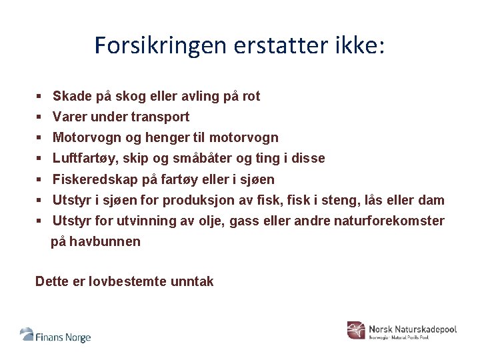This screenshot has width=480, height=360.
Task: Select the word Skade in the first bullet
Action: [x=71, y=96]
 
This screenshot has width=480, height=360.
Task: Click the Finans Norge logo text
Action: [x=63, y=337]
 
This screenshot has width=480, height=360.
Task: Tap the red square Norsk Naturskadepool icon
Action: [x=357, y=330]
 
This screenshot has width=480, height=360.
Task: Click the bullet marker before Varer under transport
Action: [x=40, y=117]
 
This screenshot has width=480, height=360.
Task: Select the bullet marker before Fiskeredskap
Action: [x=40, y=179]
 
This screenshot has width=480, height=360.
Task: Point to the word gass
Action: [x=243, y=221]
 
